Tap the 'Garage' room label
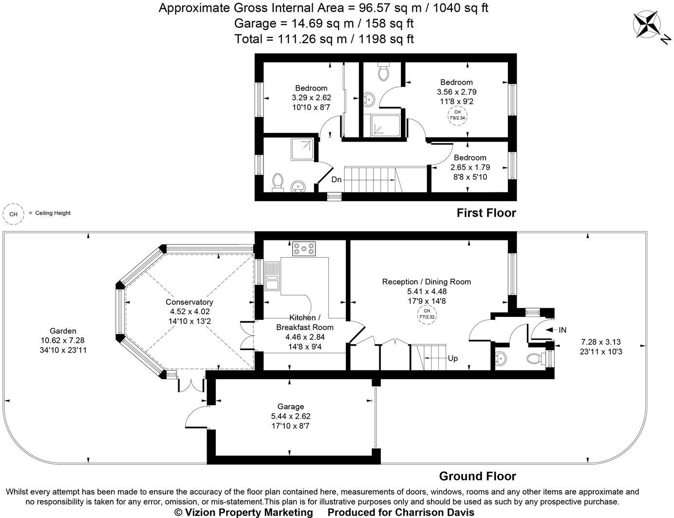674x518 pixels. click(x=290, y=407)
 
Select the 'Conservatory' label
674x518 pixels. click(x=189, y=302)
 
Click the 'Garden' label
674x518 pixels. click(x=63, y=331)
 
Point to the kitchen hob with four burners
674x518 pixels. click(x=304, y=249)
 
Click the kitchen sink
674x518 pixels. click(x=272, y=276)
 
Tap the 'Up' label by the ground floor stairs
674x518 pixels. click(x=452, y=358)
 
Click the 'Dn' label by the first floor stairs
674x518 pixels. click(x=337, y=180)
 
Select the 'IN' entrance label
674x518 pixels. click(x=562, y=330)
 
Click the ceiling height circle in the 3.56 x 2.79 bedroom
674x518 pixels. click(x=457, y=115)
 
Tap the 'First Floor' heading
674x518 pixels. click(x=486, y=213)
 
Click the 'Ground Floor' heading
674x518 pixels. click(x=477, y=476)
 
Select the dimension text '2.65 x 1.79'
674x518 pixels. click(x=470, y=167)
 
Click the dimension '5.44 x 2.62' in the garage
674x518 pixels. click(x=290, y=416)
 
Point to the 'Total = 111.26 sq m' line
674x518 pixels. click(x=324, y=39)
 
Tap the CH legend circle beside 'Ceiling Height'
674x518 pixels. click(x=14, y=214)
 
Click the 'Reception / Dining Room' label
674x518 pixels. click(x=426, y=281)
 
